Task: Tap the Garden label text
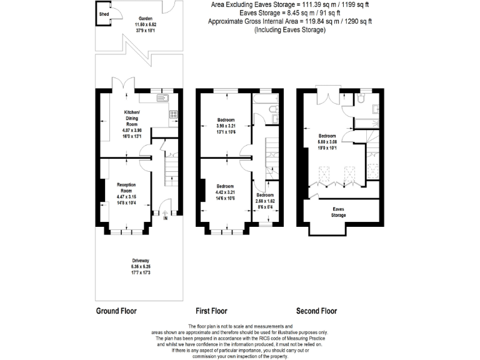coord(148,19)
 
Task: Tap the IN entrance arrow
coord(165,218)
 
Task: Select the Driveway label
coord(141,260)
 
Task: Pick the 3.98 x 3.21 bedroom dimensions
coord(226,126)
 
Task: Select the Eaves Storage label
coord(339,212)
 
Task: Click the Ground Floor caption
coord(116,311)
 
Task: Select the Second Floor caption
coord(316,311)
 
